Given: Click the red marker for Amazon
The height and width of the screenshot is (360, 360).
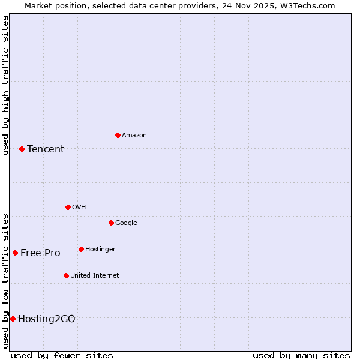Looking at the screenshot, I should tap(118, 135).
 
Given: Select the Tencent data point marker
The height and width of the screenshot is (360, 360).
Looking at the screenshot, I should tap(22, 149).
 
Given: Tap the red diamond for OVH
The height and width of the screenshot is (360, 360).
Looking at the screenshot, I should tap(68, 207).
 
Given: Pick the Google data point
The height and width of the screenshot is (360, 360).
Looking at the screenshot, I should tap(111, 223).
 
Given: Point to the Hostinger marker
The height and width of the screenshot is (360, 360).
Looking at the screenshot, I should tap(81, 249).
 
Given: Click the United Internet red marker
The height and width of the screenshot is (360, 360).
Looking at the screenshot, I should tap(66, 275).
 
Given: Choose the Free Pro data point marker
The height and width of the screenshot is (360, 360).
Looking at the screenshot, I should tap(15, 253).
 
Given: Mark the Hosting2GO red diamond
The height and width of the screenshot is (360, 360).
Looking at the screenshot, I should tap(13, 319).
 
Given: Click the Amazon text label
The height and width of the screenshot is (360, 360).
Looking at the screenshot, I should tap(134, 136).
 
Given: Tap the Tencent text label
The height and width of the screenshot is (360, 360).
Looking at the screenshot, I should tap(46, 149).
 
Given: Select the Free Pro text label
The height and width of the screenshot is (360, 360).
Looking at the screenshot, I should tap(40, 253).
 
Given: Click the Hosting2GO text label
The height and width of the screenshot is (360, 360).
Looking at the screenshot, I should tap(47, 319).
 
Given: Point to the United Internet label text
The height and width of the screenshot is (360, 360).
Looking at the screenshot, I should tap(95, 276).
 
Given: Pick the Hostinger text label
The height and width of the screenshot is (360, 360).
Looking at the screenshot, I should tap(100, 250).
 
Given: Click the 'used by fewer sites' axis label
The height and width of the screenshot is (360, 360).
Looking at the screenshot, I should tap(62, 355).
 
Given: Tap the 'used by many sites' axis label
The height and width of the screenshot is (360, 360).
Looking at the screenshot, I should tap(301, 355).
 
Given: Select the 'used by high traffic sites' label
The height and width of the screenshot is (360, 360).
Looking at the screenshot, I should tap(6, 85).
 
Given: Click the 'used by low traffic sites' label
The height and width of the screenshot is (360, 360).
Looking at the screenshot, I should tap(6, 281).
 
